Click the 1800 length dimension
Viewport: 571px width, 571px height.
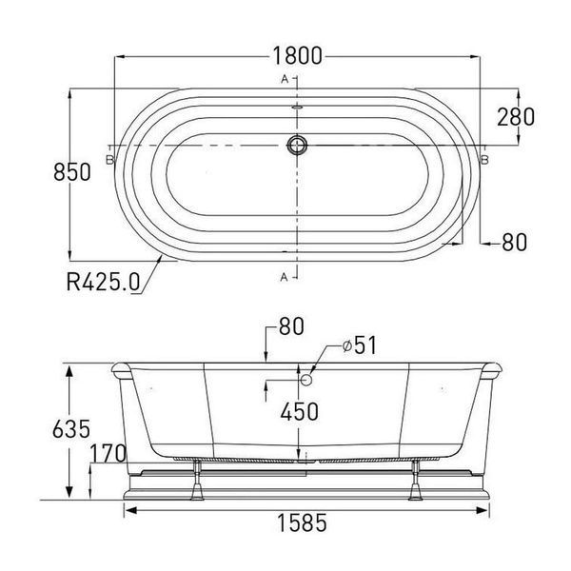(x=297, y=56)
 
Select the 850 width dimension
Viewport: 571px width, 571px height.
(x=71, y=172)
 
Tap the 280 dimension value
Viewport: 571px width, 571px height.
(x=516, y=117)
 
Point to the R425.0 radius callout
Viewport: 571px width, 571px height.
(x=103, y=281)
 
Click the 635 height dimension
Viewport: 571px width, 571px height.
(x=71, y=429)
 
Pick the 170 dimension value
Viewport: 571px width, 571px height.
(x=108, y=453)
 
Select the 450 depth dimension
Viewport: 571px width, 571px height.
(x=300, y=411)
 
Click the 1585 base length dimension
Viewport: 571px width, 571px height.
(x=302, y=522)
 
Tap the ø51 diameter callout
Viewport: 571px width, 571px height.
(x=360, y=345)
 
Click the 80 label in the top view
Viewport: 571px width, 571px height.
(x=514, y=242)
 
